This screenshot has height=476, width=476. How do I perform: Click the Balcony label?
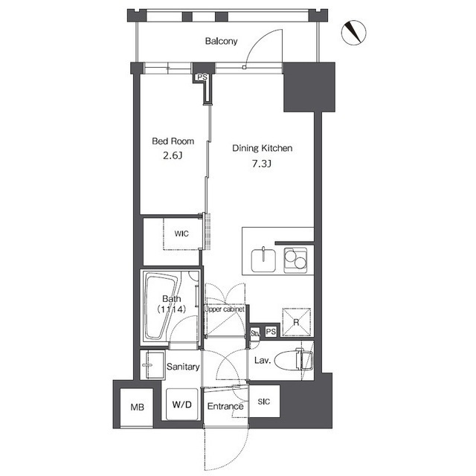point(221,41)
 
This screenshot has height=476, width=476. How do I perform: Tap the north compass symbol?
point(354,33)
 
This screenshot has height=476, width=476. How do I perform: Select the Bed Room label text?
point(173,141)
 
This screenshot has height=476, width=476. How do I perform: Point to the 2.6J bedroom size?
point(173,155)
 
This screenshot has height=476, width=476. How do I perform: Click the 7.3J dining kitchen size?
point(262,164)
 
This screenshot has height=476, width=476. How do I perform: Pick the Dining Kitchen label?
point(263,148)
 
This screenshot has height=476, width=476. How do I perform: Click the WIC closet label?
point(181,234)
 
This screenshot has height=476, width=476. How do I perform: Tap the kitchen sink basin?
point(263,260)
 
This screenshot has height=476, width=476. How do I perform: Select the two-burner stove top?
point(295,260)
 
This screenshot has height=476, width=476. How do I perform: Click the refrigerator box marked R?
point(297,322)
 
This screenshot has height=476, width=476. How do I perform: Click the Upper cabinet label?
point(225,309)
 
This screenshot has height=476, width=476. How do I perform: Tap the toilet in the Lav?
point(294,360)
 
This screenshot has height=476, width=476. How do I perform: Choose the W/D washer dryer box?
point(181,404)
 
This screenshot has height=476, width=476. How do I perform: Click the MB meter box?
point(137,408)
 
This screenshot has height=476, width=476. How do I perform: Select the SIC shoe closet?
point(264,402)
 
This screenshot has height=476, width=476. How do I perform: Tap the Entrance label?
point(225,406)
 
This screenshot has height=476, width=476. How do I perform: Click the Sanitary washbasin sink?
point(152,365)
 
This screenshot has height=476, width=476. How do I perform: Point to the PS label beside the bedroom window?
point(202,77)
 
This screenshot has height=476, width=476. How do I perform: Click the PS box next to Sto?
point(271,332)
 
